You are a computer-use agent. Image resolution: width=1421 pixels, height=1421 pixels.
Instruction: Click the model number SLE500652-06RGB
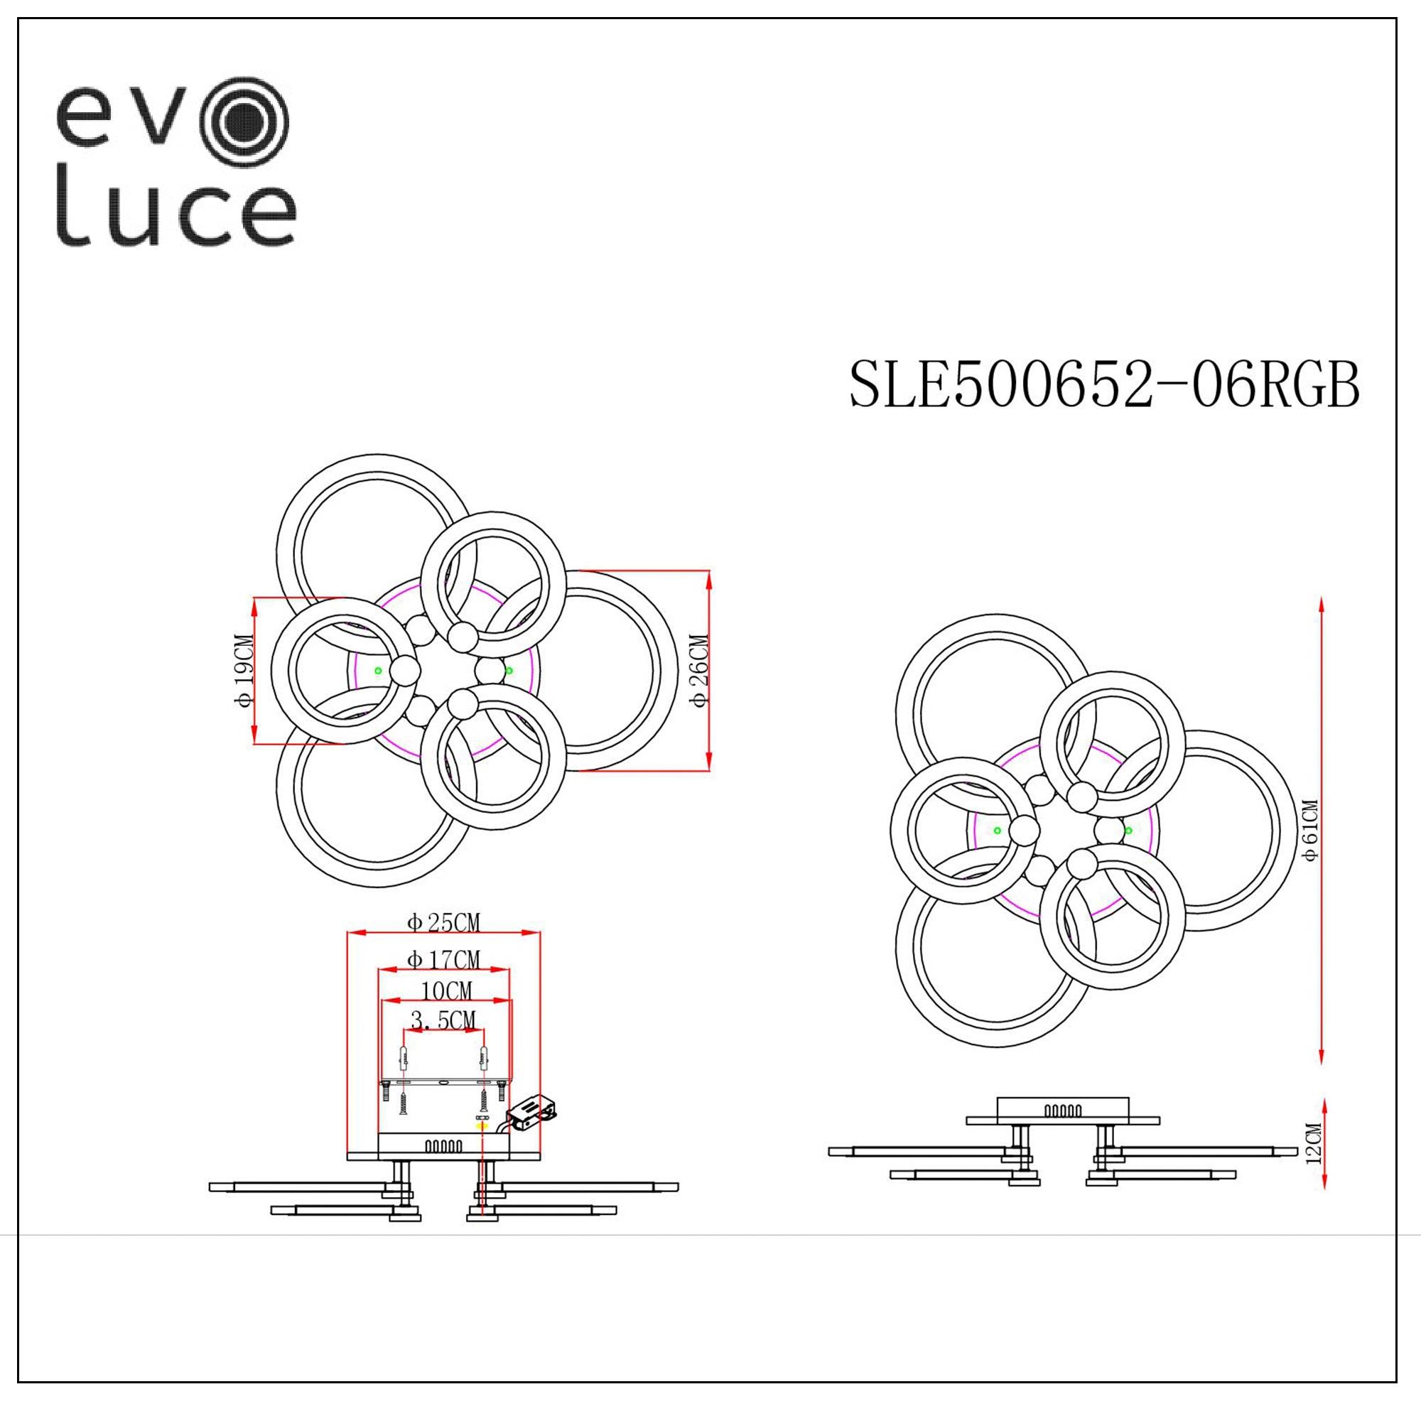pos(1105,385)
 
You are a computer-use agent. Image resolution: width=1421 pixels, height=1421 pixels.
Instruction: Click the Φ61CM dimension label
pos(1310,831)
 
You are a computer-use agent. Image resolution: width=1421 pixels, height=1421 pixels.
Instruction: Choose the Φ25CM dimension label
pos(443,922)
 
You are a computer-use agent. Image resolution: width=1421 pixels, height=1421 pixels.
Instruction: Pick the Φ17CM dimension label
pos(443,960)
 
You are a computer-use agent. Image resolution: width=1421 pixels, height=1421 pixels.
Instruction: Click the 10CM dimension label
pos(446,991)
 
